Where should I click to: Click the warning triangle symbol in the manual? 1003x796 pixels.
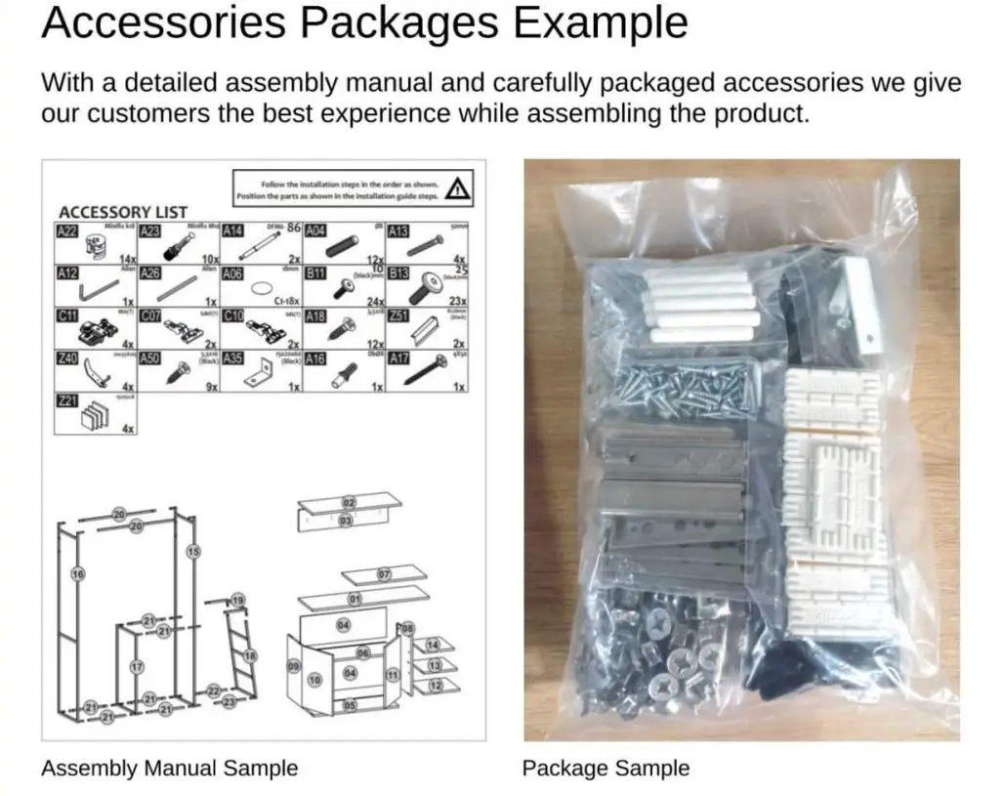click(x=456, y=188)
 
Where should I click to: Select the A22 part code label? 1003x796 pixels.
click(x=66, y=232)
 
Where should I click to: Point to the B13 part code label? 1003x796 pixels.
click(x=398, y=274)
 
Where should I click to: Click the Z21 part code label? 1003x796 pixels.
click(x=66, y=401)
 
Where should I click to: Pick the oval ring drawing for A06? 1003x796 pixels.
click(x=263, y=289)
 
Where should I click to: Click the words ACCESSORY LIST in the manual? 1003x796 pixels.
click(x=123, y=212)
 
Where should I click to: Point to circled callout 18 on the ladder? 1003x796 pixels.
click(x=250, y=655)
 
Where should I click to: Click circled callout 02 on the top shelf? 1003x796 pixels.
click(x=348, y=502)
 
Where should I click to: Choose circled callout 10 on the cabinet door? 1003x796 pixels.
click(x=314, y=678)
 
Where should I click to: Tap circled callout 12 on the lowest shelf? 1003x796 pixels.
click(x=435, y=686)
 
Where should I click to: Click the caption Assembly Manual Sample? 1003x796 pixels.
click(x=169, y=768)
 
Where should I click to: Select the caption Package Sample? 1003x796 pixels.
click(x=606, y=768)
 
